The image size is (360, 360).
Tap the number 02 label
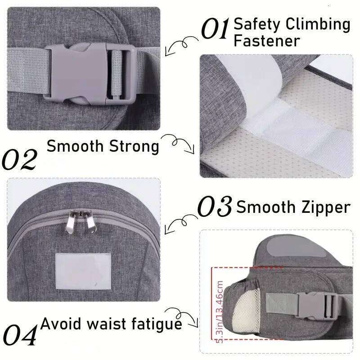point(19,160)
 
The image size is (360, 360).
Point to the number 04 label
point(19,335)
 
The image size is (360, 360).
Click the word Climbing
point(318,24)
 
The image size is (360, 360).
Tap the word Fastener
point(266,41)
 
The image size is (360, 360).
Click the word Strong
point(134,146)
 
